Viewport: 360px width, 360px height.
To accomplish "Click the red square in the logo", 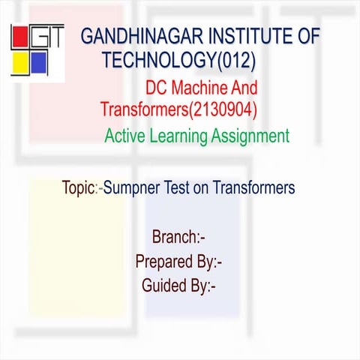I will tap(19, 35).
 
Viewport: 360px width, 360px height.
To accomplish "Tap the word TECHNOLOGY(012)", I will tap(179, 59).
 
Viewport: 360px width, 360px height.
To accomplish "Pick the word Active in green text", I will tap(124, 136).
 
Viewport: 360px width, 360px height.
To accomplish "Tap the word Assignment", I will tap(251, 136).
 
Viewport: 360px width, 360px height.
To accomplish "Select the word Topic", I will tap(78, 188).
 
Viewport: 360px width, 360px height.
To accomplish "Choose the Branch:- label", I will tap(178, 238).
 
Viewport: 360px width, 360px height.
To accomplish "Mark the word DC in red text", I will tap(157, 88).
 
